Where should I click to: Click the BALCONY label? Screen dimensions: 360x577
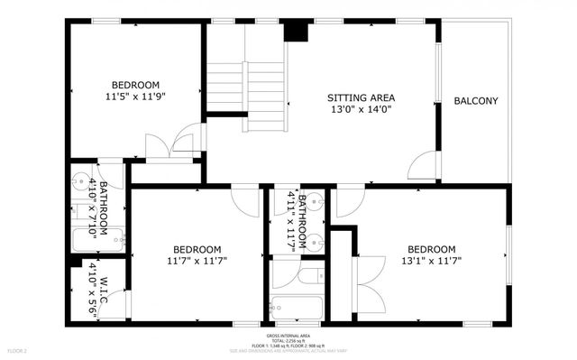(476, 101)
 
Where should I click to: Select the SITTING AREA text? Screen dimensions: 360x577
(361, 97)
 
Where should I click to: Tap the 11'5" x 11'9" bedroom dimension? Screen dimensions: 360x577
(136, 92)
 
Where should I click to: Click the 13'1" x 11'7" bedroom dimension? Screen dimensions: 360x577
(431, 262)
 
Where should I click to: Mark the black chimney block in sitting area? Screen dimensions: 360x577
(296, 30)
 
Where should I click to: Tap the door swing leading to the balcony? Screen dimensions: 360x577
(420, 166)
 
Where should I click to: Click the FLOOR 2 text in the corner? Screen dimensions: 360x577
(19, 349)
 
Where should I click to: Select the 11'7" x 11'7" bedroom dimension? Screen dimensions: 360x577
(197, 262)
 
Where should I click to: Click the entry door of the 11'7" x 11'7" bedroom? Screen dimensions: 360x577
(243, 198)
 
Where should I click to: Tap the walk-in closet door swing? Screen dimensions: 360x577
(121, 303)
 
